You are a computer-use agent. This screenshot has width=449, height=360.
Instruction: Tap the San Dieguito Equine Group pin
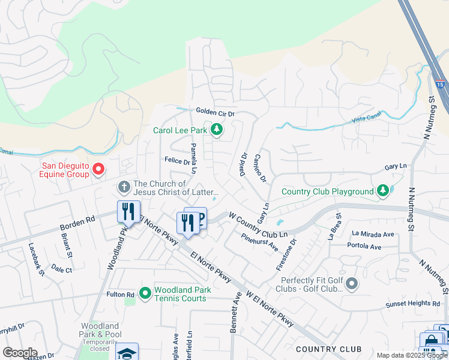click(99, 170)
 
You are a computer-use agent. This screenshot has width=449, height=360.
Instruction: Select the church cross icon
click(124, 188)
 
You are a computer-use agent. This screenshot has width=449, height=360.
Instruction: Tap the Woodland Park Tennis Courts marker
click(145, 293)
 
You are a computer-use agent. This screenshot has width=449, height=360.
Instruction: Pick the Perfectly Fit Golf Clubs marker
click(352, 283)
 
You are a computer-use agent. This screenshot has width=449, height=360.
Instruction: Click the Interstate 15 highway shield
click(441, 86)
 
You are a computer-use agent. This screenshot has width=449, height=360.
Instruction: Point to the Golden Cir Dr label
click(215, 112)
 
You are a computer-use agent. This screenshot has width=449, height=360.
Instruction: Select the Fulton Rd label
click(121, 295)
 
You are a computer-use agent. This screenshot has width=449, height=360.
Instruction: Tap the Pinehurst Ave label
click(260, 241)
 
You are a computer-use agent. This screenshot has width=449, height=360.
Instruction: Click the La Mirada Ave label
click(373, 233)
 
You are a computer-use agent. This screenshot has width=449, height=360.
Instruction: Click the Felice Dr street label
click(177, 161)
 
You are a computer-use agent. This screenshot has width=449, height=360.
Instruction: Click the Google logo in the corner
click(20, 353)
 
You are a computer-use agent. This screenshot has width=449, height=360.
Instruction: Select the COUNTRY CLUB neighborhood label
click(328, 349)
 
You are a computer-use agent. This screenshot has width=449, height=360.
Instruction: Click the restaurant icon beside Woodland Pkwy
click(128, 212)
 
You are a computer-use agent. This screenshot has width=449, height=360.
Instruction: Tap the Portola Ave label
click(364, 247)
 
